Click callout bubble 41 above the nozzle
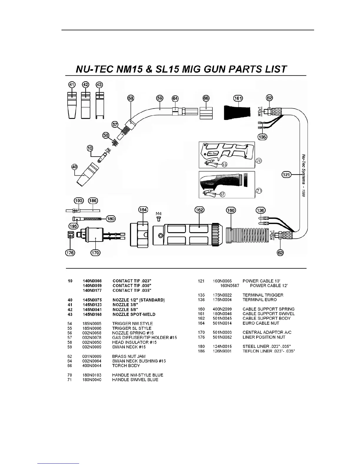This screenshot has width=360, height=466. pos(72,85)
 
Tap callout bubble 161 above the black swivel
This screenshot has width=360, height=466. pos(238,98)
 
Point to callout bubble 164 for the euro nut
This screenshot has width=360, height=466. pos(143,210)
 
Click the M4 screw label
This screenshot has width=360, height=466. pos(159,213)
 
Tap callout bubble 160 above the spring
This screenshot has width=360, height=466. pos(231,210)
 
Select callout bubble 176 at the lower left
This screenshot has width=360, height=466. pos(70,252)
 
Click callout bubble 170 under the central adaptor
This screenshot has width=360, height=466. pos(95,252)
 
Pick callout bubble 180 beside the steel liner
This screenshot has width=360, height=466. pos(111,219)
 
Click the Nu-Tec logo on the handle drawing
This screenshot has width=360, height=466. pos(212,153)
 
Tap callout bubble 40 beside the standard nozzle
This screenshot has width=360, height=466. pos(74,167)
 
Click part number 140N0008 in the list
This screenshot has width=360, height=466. pos(92,281)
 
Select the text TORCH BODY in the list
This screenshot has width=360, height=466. pos(126,366)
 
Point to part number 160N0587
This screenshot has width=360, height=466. pos(230,286)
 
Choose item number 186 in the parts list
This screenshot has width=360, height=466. pos(201,351)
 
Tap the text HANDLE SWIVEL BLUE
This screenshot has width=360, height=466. pos(135,380)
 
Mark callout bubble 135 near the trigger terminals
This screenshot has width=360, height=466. pos(262,137)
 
